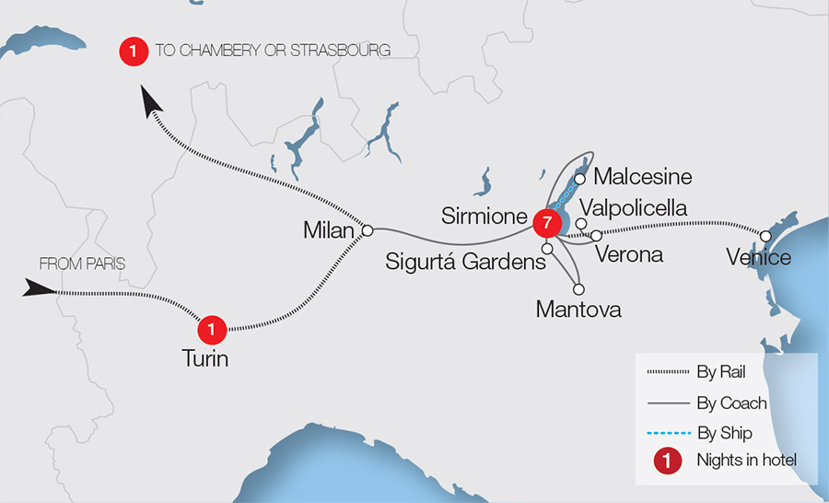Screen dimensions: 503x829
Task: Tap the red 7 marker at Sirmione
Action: tap(547, 223)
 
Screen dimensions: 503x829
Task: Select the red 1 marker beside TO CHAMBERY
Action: tap(134, 52)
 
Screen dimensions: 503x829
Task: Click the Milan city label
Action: tap(329, 230)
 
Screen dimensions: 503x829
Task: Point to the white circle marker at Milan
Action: tap(367, 229)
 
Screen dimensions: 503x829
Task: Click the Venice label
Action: tap(758, 256)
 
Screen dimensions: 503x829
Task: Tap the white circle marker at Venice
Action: tap(765, 236)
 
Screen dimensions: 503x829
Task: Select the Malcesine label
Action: tap(643, 176)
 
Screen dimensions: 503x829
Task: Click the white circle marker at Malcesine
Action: tap(580, 179)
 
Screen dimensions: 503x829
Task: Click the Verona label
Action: tap(629, 254)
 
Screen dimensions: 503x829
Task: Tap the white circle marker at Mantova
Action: tap(578, 288)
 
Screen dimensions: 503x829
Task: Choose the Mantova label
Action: tap(578, 310)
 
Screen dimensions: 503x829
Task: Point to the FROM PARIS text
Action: tap(82, 264)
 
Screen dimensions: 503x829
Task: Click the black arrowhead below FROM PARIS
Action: tap(40, 289)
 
